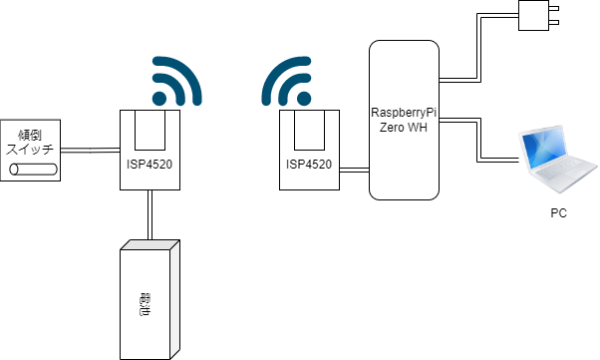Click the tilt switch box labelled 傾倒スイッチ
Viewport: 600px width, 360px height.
31,151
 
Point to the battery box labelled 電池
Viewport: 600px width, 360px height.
150,299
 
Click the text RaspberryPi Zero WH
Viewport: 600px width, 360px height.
404,120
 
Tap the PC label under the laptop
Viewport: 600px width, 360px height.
559,213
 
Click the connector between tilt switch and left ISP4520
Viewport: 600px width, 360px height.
90,151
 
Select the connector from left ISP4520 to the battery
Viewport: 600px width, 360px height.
150,214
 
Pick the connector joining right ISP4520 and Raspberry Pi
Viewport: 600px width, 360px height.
354,172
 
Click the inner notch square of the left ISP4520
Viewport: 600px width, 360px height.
150,129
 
